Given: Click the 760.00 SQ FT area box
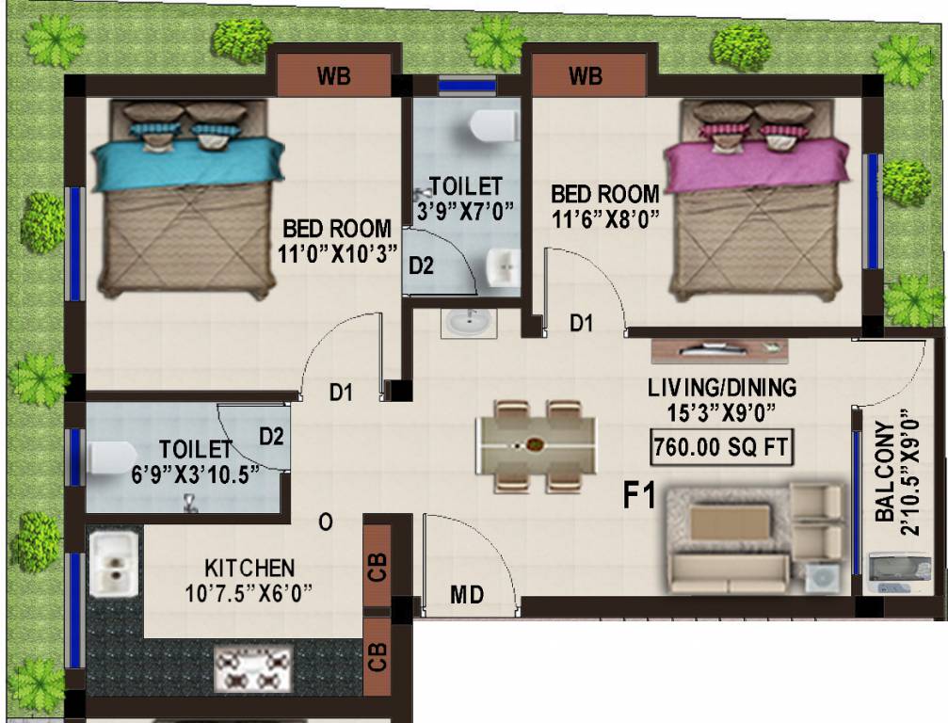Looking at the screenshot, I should [720, 447].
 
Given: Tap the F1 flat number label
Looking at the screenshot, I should [640, 495].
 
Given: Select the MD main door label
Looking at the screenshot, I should [467, 595].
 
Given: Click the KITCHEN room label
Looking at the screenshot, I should [249, 569].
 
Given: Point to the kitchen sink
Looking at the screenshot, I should [114, 563].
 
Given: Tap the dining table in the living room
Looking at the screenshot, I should [536, 445].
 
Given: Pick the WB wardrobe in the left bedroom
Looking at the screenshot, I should [333, 75].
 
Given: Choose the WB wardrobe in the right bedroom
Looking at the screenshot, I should [586, 75].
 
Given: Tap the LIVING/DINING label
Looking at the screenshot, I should [721, 387].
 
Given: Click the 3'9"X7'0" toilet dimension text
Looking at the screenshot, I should [466, 209].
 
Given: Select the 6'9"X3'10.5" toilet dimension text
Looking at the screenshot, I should [194, 474].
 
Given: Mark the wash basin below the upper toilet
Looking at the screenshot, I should [466, 323].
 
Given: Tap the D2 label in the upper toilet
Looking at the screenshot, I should [421, 266].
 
